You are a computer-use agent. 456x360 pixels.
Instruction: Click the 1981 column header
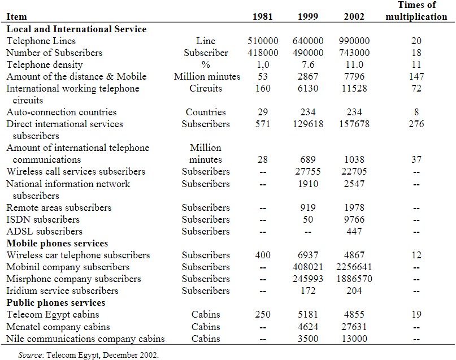pyautogui.click(x=263, y=17)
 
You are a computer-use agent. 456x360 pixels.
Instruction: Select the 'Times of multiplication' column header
pyautogui.click(x=416, y=11)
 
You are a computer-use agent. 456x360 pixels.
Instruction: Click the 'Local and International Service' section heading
pyautogui.click(x=76, y=29)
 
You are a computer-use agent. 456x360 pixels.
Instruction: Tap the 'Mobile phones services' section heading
pyautogui.click(x=57, y=244)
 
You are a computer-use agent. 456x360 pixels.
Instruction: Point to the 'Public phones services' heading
pyautogui.click(x=56, y=303)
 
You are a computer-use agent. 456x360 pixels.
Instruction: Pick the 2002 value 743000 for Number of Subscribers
pyautogui.click(x=354, y=53)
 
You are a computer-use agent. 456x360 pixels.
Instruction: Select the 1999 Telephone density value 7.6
pyautogui.click(x=308, y=64)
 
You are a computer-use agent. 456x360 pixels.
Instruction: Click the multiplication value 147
pyautogui.click(x=416, y=76)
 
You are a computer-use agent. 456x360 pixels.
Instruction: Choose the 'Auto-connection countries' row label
pyautogui.click(x=62, y=112)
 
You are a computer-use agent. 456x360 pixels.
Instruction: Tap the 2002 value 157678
pyautogui.click(x=354, y=124)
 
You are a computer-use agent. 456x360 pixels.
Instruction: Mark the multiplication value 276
pyautogui.click(x=416, y=124)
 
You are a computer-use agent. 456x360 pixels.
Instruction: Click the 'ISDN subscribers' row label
pyautogui.click(x=43, y=219)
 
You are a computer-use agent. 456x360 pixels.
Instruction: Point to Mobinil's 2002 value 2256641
pyautogui.click(x=354, y=267)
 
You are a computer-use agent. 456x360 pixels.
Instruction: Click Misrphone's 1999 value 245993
pyautogui.click(x=308, y=279)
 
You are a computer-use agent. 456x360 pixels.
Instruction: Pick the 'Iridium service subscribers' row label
pyautogui.click(x=62, y=290)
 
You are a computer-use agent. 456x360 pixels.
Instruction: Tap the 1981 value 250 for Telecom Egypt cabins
pyautogui.click(x=263, y=314)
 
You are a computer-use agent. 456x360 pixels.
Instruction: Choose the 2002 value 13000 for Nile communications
pyautogui.click(x=354, y=339)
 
